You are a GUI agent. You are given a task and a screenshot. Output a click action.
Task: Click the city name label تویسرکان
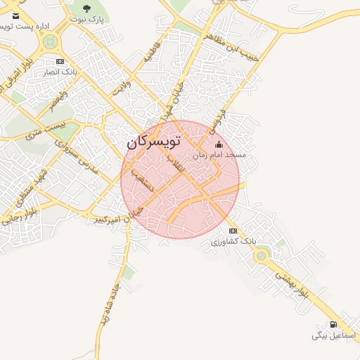tap(154, 141)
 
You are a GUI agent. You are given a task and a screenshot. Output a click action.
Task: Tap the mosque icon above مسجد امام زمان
tap(218, 145)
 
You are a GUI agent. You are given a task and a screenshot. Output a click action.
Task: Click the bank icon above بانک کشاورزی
tap(233, 231)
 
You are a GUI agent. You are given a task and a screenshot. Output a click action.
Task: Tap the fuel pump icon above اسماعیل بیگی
tap(333, 324)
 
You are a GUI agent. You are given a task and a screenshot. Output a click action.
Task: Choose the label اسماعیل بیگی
tap(335, 335)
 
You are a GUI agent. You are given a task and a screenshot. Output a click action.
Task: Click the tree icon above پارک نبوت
tap(86, 8)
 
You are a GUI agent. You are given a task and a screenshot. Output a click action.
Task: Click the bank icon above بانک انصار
tap(60, 60)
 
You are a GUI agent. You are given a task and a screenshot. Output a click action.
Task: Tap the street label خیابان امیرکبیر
tap(120, 216)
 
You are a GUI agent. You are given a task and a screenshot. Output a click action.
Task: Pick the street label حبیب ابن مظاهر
tap(232, 44)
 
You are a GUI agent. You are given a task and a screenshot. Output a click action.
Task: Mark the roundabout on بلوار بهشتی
tap(262, 256)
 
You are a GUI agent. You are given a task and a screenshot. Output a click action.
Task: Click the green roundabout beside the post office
tap(50, 41)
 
